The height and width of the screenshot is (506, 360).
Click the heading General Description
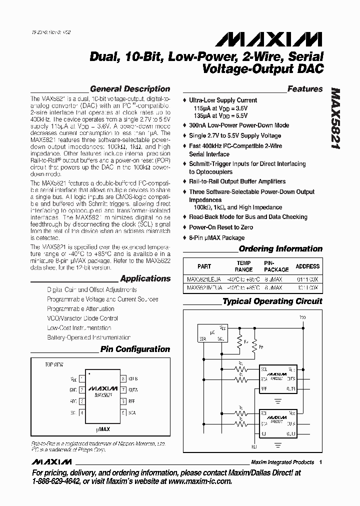pos(129,89)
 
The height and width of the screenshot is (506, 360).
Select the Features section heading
pos(305,89)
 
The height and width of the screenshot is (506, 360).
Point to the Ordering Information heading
pos(280,248)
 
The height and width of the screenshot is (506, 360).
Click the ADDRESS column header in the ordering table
pos(307,266)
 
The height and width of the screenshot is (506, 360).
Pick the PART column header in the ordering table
pos(204,266)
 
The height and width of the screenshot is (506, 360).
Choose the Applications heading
pos(145,278)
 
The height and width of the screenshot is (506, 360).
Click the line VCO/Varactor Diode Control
pos(82,318)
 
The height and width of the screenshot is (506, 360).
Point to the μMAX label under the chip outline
pos(103,428)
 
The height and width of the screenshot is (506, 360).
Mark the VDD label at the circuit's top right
pos(303,317)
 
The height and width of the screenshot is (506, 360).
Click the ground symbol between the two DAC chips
pos(278,399)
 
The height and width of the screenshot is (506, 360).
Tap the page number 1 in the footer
pos(320,462)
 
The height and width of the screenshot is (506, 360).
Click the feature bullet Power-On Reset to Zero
pos(221,227)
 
